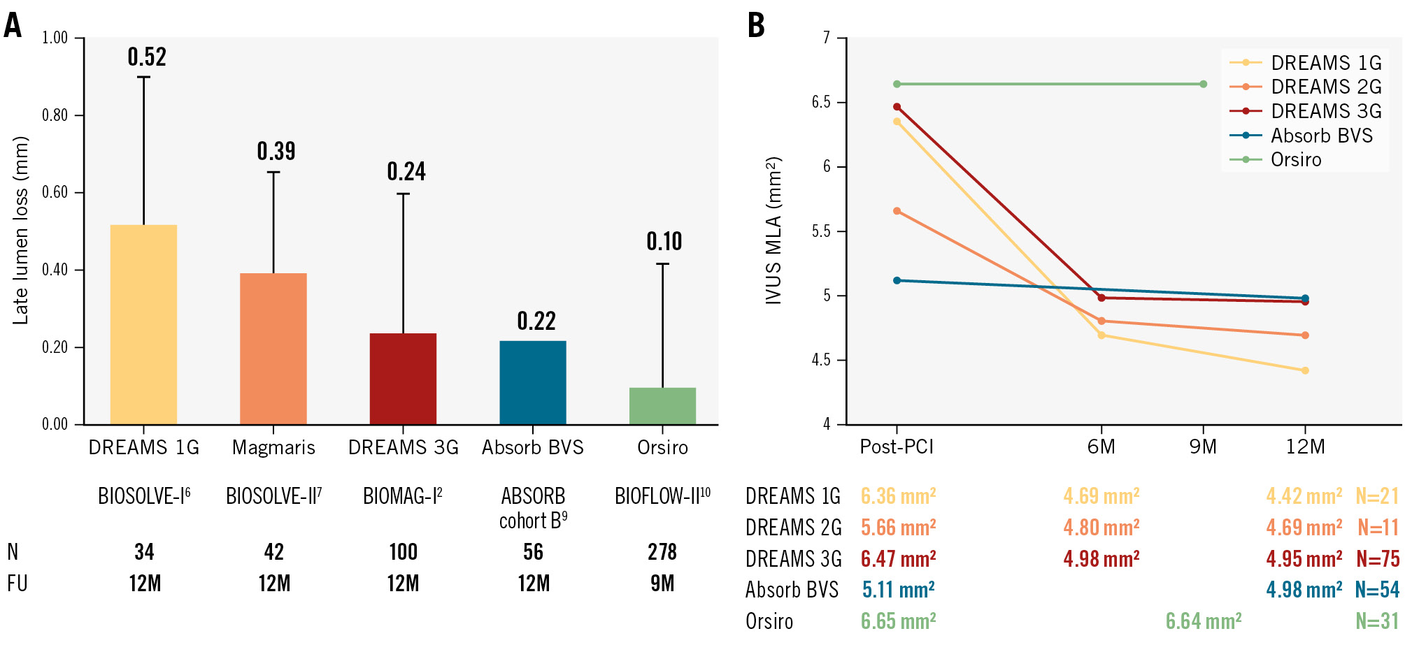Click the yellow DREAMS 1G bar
pyautogui.click(x=143, y=324)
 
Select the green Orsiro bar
pyautogui.click(x=662, y=406)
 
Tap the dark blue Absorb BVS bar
pyautogui.click(x=533, y=382)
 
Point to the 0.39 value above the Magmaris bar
pyautogui.click(x=276, y=151)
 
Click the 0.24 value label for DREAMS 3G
pyautogui.click(x=406, y=171)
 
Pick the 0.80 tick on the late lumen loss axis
pyautogui.click(x=55, y=115)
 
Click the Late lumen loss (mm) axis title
pyautogui.click(x=21, y=231)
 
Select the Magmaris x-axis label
pyautogui.click(x=273, y=447)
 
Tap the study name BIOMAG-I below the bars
pyautogui.click(x=402, y=496)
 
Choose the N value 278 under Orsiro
pyautogui.click(x=662, y=552)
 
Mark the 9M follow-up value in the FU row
pyautogui.click(x=662, y=584)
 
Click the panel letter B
pyautogui.click(x=756, y=25)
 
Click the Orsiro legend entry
pyautogui.click(x=1296, y=159)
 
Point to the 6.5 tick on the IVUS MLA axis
pyautogui.click(x=821, y=103)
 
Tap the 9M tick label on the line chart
pyautogui.click(x=1203, y=447)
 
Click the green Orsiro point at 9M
pyautogui.click(x=1203, y=84)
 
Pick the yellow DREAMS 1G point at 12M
pyautogui.click(x=1305, y=370)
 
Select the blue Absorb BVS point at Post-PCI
pyautogui.click(x=897, y=280)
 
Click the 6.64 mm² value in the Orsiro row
pyautogui.click(x=1203, y=621)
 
